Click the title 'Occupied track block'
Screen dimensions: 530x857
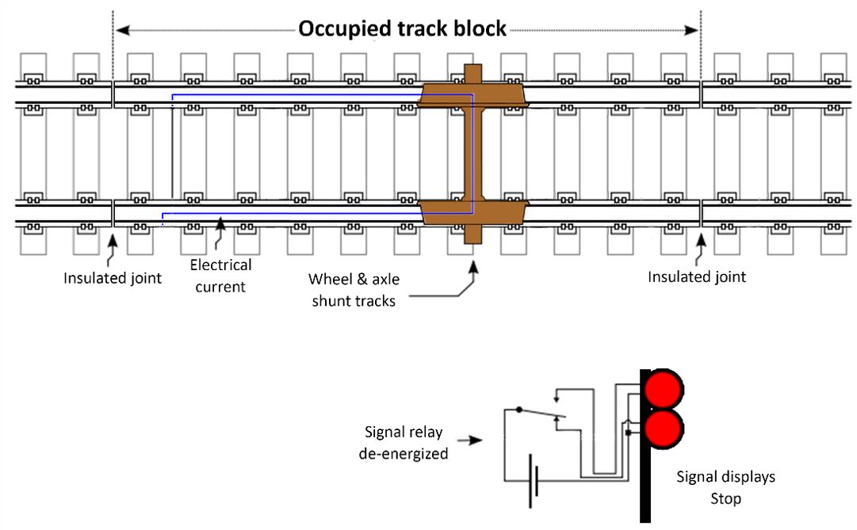pyautogui.click(x=402, y=29)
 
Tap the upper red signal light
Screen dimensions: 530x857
pyautogui.click(x=662, y=388)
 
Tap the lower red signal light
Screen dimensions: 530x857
pyautogui.click(x=662, y=428)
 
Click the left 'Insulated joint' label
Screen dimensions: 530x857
pyautogui.click(x=113, y=277)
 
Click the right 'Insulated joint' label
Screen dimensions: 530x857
pyautogui.click(x=697, y=277)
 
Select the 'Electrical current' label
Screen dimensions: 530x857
pyautogui.click(x=220, y=276)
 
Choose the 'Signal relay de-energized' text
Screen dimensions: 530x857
pyautogui.click(x=404, y=443)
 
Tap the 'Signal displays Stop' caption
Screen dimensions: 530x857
pyautogui.click(x=725, y=488)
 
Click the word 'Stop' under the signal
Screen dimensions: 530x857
pyautogui.click(x=725, y=499)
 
